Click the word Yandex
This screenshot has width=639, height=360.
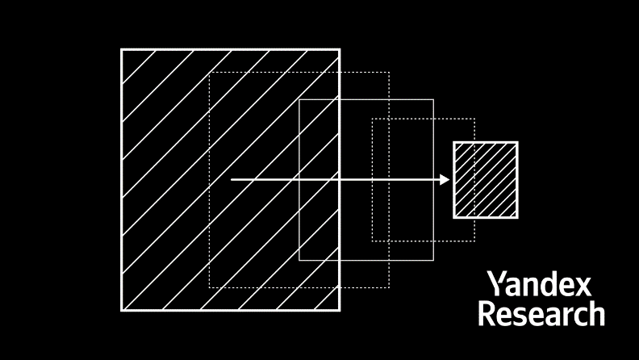pos(539,284)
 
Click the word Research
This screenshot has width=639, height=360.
pos(541,313)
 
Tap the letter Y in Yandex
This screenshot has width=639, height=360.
pos(496,284)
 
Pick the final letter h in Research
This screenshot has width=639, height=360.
pos(597,313)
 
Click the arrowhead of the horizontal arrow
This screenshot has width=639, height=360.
pos(445,179)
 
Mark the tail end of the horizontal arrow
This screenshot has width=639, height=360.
pos(232,179)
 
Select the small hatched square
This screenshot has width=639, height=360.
pos(486,180)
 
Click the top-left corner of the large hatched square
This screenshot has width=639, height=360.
pos(122,49)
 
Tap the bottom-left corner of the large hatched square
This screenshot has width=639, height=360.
pos(122,311)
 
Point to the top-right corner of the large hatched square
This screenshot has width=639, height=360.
pos(340,49)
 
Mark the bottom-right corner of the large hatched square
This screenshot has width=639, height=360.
pos(340,311)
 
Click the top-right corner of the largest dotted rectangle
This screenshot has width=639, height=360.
pos(389,73)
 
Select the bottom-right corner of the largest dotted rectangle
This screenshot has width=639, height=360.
pos(389,287)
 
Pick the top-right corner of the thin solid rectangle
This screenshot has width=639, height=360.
pos(433,99)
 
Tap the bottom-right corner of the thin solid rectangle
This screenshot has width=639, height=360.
pos(433,260)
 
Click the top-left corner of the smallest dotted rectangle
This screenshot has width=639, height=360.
pos(372,119)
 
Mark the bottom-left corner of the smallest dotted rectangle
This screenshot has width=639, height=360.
pos(372,241)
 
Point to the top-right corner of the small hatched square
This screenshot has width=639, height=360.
pos(518,142)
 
